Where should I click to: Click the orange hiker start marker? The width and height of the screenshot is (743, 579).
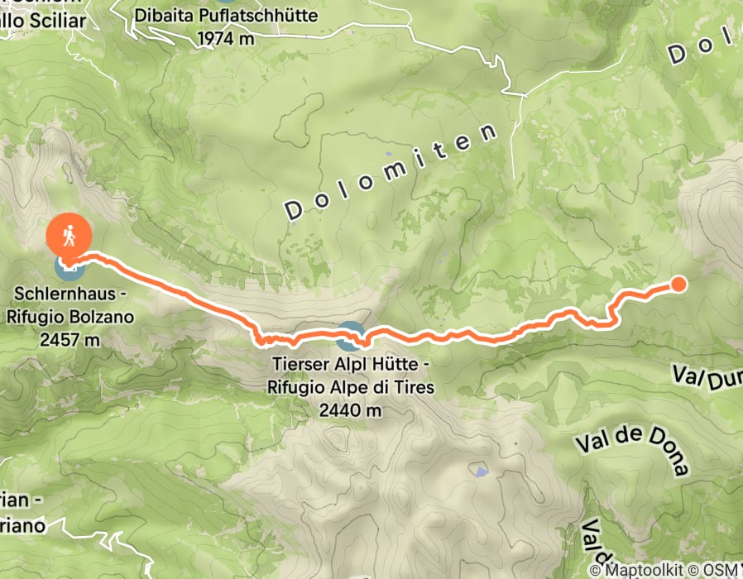[70, 235]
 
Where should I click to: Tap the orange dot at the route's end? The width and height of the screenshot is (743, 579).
[678, 285]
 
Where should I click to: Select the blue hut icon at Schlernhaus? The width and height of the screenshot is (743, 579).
[68, 266]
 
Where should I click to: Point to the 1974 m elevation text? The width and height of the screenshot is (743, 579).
[226, 37]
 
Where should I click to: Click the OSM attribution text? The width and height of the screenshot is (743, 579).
[717, 570]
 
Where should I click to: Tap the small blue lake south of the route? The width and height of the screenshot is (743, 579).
[482, 472]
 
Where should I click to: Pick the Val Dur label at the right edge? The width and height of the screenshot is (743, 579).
[707, 377]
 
